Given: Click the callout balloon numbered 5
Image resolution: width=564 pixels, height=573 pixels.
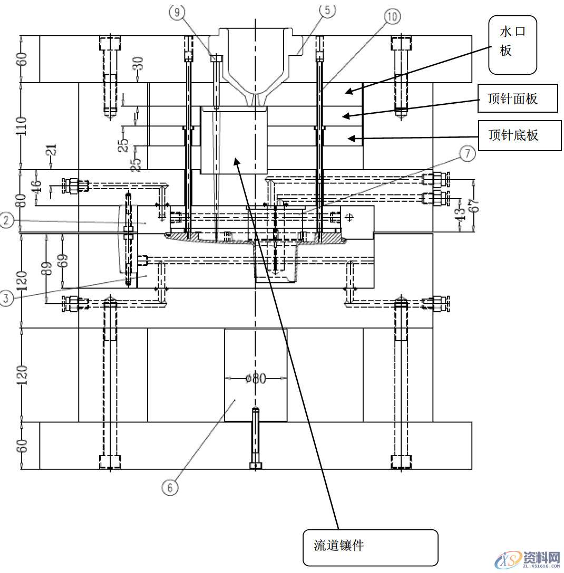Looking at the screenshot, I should [x=327, y=9].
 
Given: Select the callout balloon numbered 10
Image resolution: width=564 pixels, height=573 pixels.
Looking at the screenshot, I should [x=392, y=16].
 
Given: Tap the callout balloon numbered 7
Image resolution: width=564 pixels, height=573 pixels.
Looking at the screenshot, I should [x=467, y=154].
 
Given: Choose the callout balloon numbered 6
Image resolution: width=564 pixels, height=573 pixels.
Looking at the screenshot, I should [x=170, y=487].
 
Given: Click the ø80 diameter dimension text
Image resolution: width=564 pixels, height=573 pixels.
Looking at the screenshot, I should [x=256, y=378].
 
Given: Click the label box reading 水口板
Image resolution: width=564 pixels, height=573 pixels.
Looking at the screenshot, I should [x=512, y=45].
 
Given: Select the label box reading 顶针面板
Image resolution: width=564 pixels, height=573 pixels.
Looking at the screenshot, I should [x=517, y=98].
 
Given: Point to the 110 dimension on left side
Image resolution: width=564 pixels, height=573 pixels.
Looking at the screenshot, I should [x=22, y=126].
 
